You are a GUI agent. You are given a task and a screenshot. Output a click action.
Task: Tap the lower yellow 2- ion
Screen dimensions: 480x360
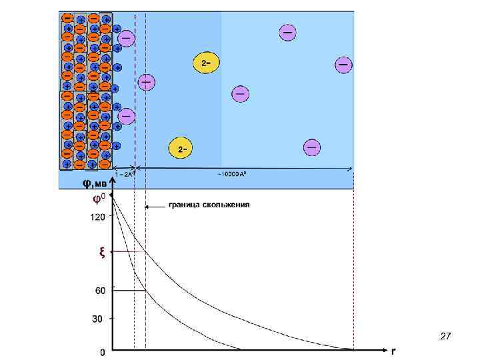pos(180,148)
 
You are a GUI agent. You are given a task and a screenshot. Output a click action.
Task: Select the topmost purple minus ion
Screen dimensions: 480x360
pos(288,32)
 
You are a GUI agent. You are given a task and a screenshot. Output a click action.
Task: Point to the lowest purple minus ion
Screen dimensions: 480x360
pos(312,147)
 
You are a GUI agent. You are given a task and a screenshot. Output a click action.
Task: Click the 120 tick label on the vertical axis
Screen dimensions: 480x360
pos(97,217)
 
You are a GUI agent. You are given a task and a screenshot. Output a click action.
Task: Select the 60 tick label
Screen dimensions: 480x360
pos(99,291)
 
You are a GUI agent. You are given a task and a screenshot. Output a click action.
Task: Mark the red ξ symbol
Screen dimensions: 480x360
pos(101,251)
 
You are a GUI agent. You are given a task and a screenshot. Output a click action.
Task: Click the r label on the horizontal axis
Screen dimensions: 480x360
pos(393,350)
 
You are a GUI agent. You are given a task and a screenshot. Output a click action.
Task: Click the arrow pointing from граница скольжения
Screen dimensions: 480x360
pos(155,207)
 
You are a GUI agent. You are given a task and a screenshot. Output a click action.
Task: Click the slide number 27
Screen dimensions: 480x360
pos(446,337)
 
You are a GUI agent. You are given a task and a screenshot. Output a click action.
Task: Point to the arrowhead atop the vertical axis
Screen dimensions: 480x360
pos(112,180)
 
